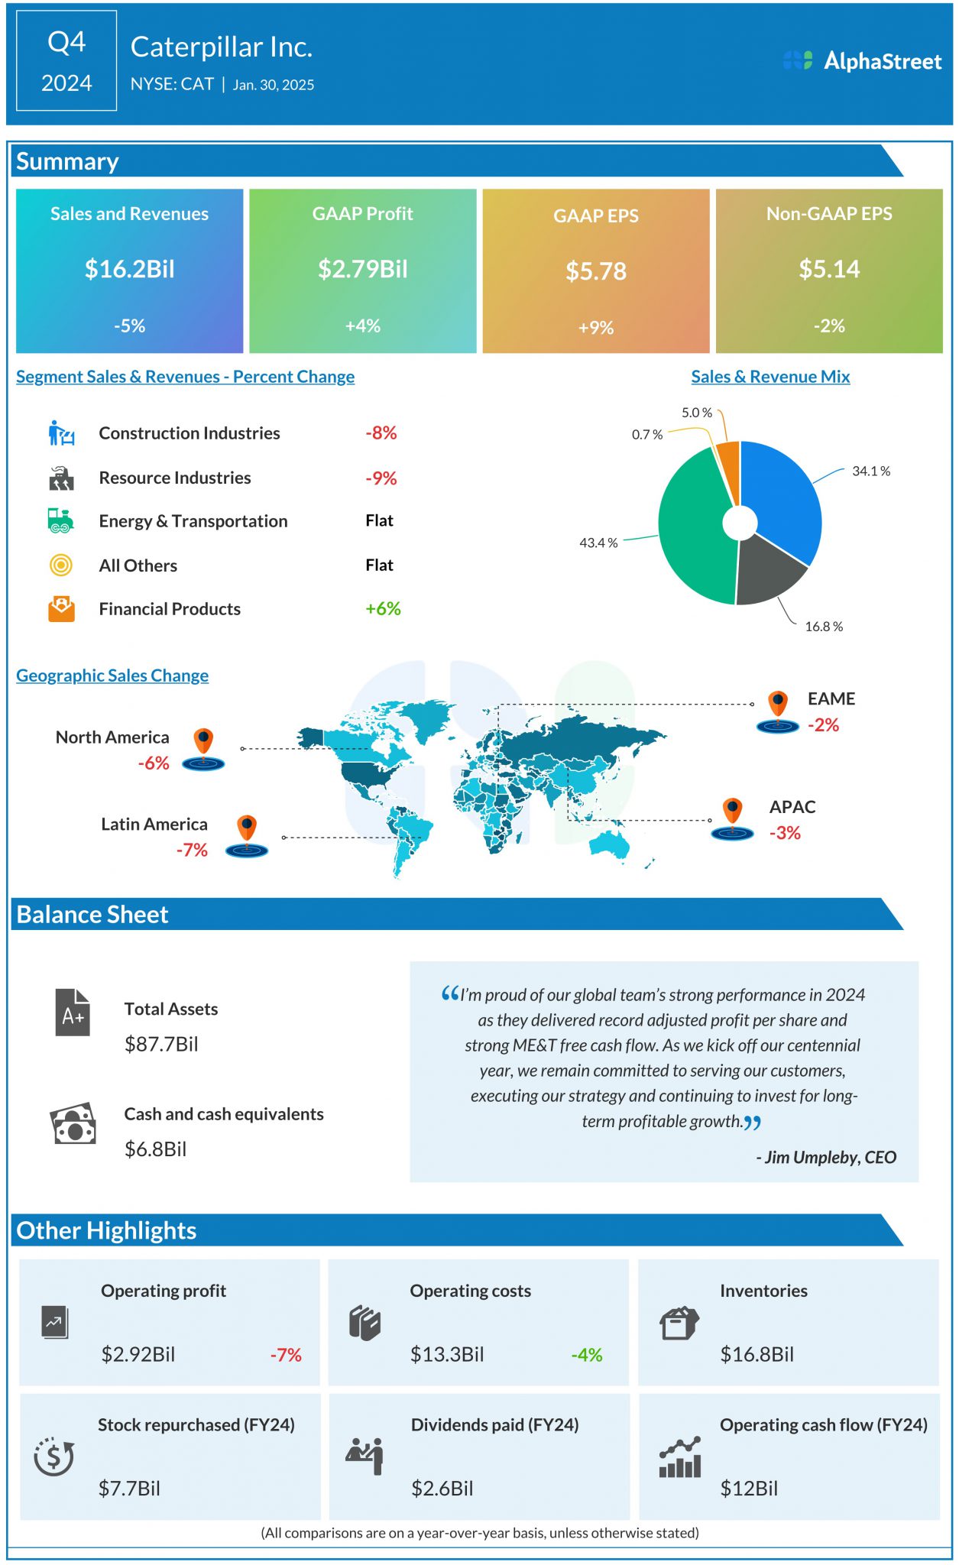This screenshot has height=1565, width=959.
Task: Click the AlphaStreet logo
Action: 862,61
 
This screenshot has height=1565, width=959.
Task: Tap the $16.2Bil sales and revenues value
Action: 129,269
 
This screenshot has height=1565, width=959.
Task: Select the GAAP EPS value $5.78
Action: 595,271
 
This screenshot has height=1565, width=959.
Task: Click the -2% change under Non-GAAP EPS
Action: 829,326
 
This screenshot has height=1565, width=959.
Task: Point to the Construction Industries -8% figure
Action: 381,433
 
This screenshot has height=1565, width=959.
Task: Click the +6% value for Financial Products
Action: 383,609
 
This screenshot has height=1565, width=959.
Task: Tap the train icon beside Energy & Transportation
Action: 60,521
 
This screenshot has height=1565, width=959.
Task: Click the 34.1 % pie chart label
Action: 871,471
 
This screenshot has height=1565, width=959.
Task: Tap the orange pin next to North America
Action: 203,741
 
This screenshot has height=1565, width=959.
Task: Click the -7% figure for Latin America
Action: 192,851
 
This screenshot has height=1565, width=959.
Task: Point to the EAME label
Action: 831,699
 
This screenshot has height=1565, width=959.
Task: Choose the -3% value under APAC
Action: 785,833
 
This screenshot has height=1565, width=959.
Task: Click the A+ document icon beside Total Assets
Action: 73,1013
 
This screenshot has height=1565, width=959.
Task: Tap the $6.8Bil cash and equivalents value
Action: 155,1149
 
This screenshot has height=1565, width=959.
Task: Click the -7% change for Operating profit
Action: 286,1355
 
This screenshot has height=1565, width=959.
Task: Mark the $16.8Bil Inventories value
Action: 757,1355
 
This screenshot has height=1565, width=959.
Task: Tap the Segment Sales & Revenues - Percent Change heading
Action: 185,377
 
